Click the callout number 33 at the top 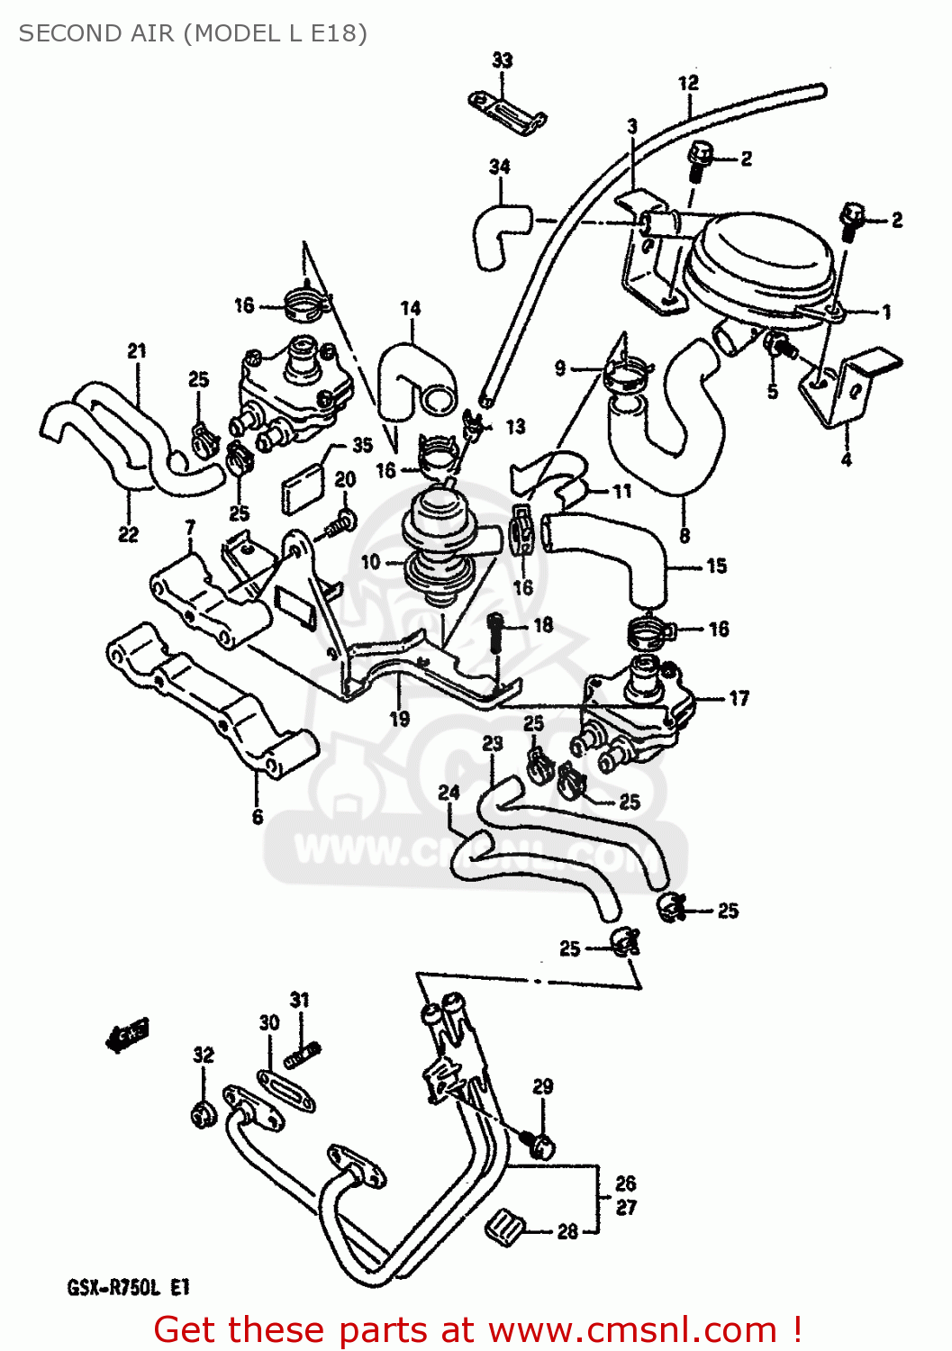(502, 60)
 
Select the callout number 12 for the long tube (688, 83)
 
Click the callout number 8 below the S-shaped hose (685, 536)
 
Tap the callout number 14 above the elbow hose (411, 308)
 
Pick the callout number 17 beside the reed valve (739, 698)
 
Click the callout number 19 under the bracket (399, 719)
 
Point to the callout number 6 (258, 816)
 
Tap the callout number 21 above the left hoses (136, 351)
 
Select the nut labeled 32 (204, 1115)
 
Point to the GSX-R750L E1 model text (128, 1287)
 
